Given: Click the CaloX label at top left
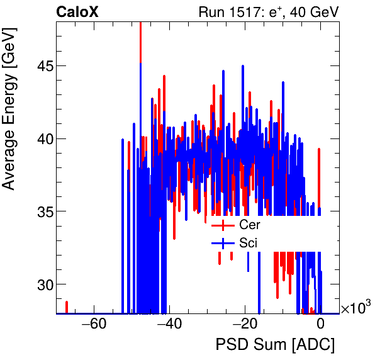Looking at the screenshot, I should (x=77, y=12).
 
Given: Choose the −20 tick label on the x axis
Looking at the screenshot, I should (x=245, y=325).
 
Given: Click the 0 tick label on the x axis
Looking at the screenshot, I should (x=320, y=325).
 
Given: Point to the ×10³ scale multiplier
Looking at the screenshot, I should (x=355, y=308).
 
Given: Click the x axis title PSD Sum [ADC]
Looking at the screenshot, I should (x=275, y=345).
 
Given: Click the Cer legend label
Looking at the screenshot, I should (x=250, y=225).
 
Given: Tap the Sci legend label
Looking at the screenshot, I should (x=249, y=243).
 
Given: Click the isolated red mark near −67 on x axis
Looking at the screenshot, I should (x=67, y=307).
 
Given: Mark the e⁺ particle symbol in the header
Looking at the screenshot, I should (x=280, y=11).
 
